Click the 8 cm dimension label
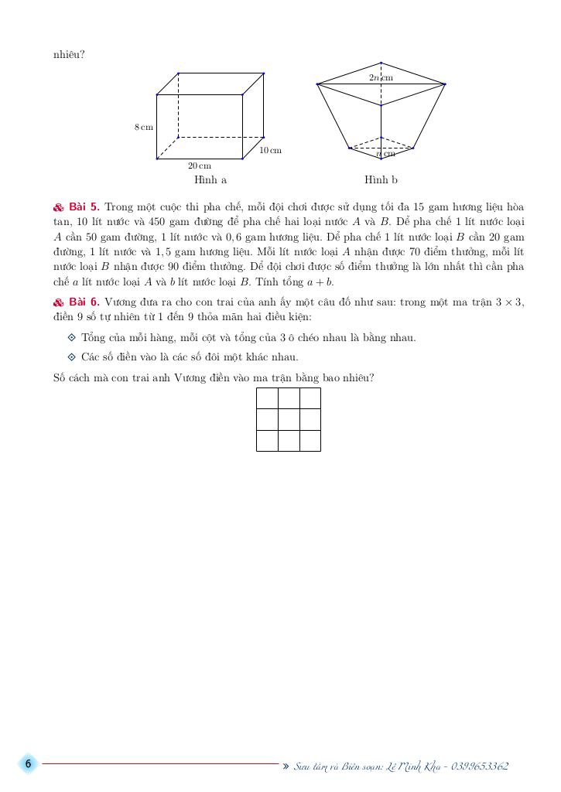pyautogui.click(x=144, y=126)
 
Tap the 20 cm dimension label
pyautogui.click(x=199, y=166)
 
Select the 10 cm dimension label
pyautogui.click(x=270, y=150)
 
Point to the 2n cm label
pyautogui.click(x=381, y=77)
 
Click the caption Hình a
pyautogui.click(x=210, y=180)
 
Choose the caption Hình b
pyautogui.click(x=381, y=180)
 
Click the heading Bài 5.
pyautogui.click(x=83, y=207)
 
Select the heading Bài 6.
pyautogui.click(x=83, y=302)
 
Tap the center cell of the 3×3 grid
pyautogui.click(x=289, y=419)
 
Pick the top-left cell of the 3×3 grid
pyautogui.click(x=267, y=398)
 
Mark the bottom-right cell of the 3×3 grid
pyautogui.click(x=310, y=440)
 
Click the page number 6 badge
pyautogui.click(x=28, y=764)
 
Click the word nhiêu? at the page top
pyautogui.click(x=69, y=55)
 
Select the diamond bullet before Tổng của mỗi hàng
pyautogui.click(x=72, y=337)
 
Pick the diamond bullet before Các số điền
pyautogui.click(x=72, y=357)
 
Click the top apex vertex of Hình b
pyautogui.click(x=381, y=63)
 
